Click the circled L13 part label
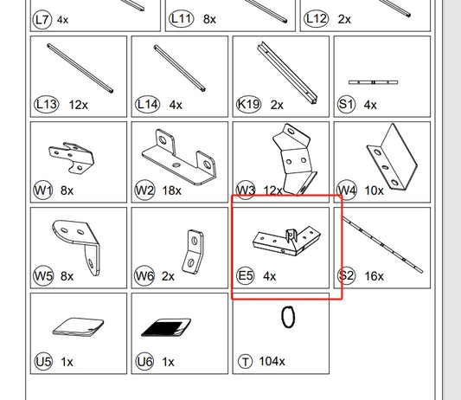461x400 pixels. (47, 104)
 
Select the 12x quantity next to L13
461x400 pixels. (78, 105)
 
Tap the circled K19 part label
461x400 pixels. (249, 104)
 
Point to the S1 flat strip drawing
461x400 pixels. (373, 82)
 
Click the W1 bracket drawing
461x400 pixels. (72, 158)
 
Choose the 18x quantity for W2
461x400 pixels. (172, 190)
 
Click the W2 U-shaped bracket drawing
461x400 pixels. (179, 157)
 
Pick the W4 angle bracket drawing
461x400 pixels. (392, 157)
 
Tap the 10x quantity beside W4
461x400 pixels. (374, 190)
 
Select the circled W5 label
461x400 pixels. (43, 276)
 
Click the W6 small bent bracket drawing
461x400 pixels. (193, 252)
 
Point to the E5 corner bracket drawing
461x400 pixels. (286, 241)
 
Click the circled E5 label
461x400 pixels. (246, 276)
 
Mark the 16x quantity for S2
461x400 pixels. (374, 276)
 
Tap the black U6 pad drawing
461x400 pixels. (166, 327)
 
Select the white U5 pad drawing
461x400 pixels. (78, 326)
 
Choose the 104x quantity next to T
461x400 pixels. (272, 361)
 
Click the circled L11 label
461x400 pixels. (182, 19)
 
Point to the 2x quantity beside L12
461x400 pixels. (344, 19)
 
